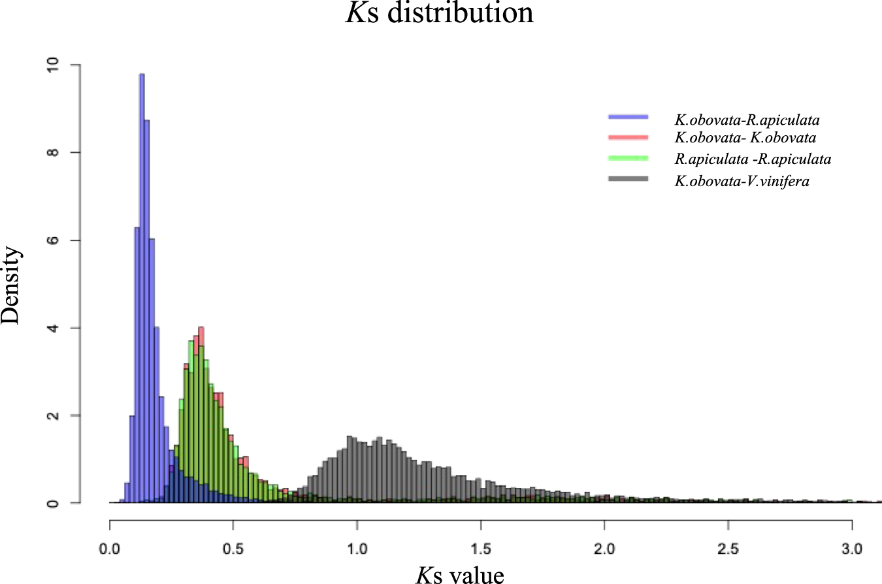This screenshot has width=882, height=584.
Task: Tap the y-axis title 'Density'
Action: (12, 284)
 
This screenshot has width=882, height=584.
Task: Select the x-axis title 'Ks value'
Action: (460, 574)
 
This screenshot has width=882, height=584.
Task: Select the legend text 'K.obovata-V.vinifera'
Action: (742, 181)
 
